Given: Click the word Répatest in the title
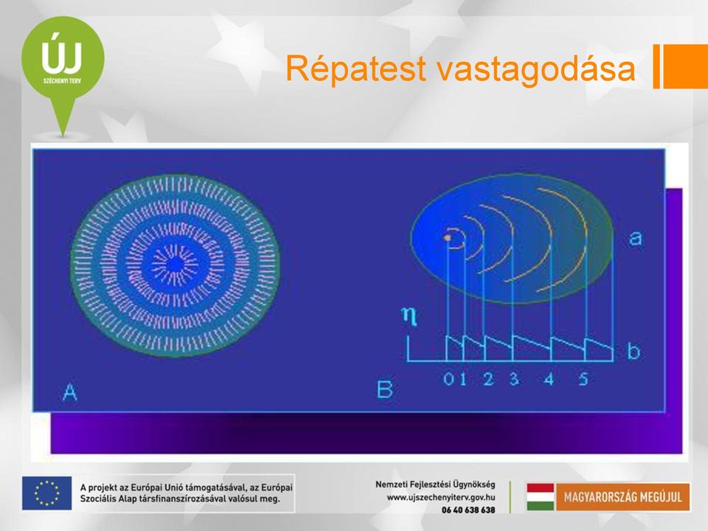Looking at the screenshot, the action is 355,69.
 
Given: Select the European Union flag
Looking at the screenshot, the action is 47,493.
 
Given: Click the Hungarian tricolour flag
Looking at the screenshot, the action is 540,496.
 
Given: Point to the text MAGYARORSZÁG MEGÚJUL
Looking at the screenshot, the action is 622,497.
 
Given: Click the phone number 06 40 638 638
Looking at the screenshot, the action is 468,510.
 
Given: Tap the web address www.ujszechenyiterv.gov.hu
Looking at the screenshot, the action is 441,497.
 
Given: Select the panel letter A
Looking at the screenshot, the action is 69,392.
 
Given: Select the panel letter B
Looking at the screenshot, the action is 385,389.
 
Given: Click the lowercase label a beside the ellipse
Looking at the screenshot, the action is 635,237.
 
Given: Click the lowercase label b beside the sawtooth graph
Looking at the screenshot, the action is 634,351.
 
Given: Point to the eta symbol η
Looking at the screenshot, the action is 409,315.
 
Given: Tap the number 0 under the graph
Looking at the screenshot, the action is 448,379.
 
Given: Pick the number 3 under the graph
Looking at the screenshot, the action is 514,378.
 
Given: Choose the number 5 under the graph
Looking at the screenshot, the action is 583,378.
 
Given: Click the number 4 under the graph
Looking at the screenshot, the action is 549,379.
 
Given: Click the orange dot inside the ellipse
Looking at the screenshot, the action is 448,237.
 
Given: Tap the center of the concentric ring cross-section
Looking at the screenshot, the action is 176,265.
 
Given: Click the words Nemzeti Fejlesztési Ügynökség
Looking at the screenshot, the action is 435,485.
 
